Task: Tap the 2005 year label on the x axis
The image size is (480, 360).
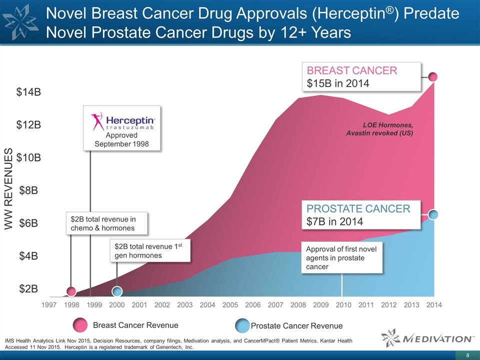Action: (x=230, y=304)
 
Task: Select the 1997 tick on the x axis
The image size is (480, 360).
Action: (x=49, y=304)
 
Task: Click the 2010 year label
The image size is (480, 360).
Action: (x=343, y=304)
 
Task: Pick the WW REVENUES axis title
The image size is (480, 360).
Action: (x=8, y=189)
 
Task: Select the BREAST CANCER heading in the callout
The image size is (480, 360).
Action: (x=352, y=70)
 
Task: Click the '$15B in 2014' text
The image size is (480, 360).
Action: (x=338, y=83)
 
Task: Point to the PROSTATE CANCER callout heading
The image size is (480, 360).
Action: (x=358, y=208)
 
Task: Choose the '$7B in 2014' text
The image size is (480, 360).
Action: (x=334, y=221)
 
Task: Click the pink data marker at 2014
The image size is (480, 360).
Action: (x=433, y=76)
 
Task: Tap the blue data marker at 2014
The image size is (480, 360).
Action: (x=433, y=214)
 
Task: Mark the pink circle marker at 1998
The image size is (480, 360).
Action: (x=71, y=291)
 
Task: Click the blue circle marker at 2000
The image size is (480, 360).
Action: (x=117, y=291)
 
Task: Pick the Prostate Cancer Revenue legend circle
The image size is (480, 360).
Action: (x=242, y=325)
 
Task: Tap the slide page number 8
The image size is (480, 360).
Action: (x=467, y=355)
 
